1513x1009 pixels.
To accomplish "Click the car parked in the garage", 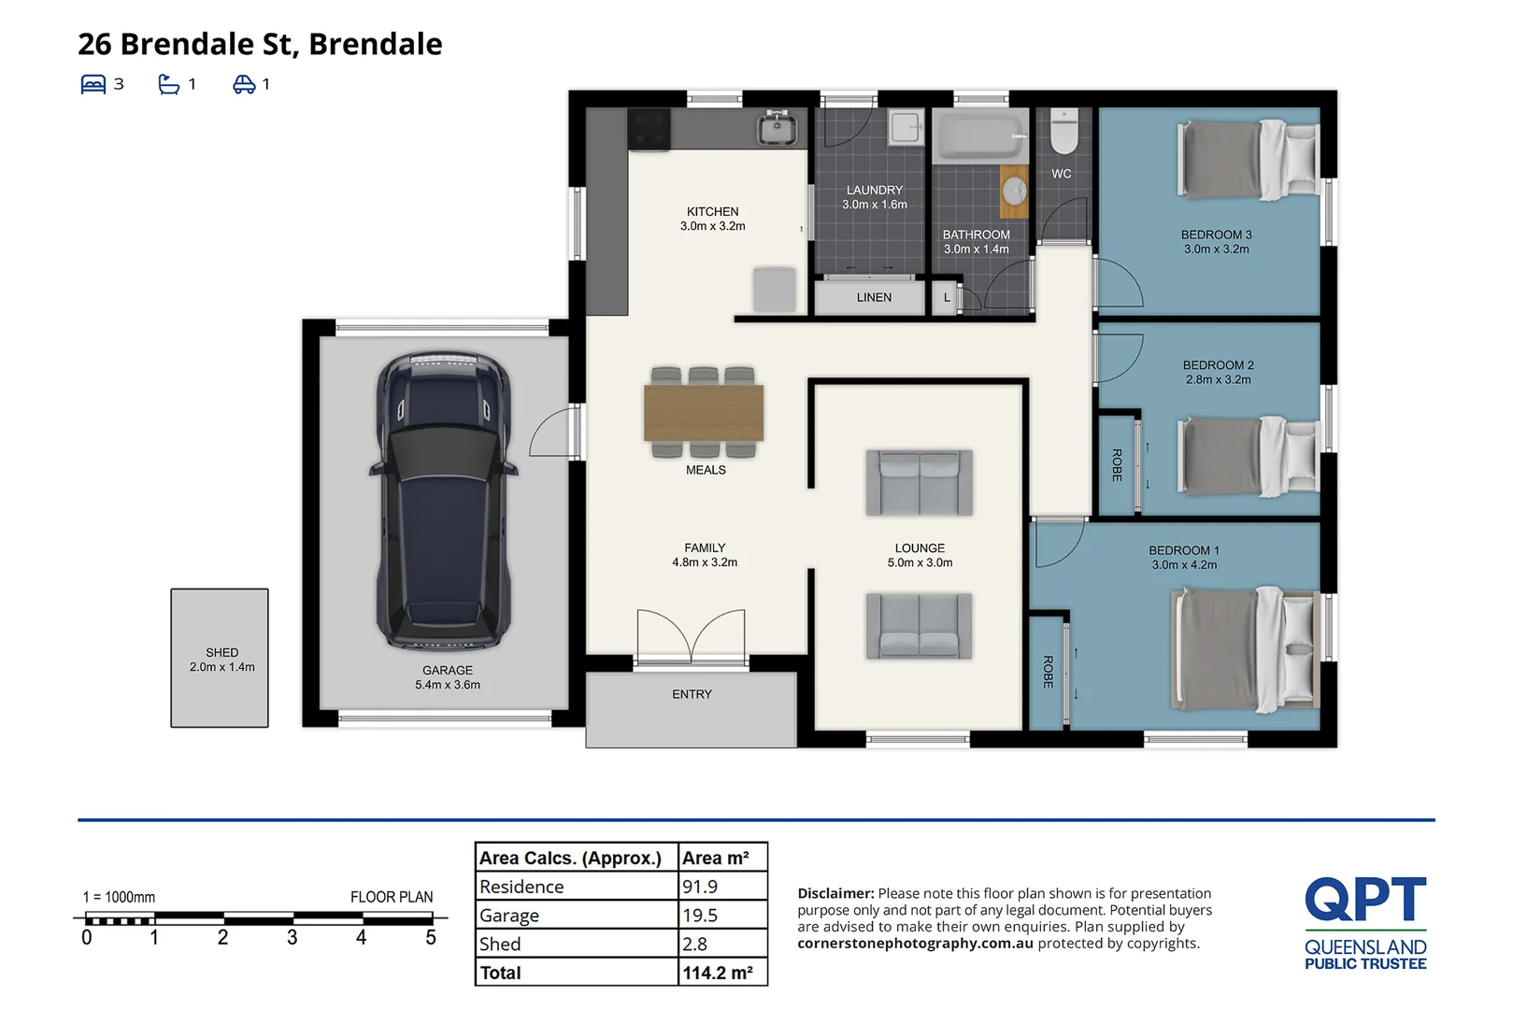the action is [444, 501].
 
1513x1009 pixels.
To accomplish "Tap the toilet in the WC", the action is [1063, 132].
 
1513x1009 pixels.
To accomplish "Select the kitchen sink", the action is [777, 128].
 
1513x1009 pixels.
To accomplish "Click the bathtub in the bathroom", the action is [980, 136].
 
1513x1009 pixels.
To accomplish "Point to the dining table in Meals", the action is [704, 413].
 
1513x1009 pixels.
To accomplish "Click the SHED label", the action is [221, 652].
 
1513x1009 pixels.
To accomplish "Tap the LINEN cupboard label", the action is [874, 297].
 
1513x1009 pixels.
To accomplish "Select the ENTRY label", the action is [692, 694].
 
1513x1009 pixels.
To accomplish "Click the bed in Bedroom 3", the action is [1249, 160].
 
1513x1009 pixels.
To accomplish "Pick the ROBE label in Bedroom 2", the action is [1117, 465].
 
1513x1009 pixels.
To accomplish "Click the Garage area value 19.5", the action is [700, 916].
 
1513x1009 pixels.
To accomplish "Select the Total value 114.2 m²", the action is [718, 973].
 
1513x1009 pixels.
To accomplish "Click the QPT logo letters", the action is [1365, 899].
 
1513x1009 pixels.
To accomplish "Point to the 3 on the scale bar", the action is [292, 937].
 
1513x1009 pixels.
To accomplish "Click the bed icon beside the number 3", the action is [93, 84].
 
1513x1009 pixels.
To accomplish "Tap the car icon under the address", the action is [245, 84].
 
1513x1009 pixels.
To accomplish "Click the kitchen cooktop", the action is [649, 128].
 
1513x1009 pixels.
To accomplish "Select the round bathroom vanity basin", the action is [1014, 191].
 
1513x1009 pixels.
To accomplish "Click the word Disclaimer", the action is [835, 893].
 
